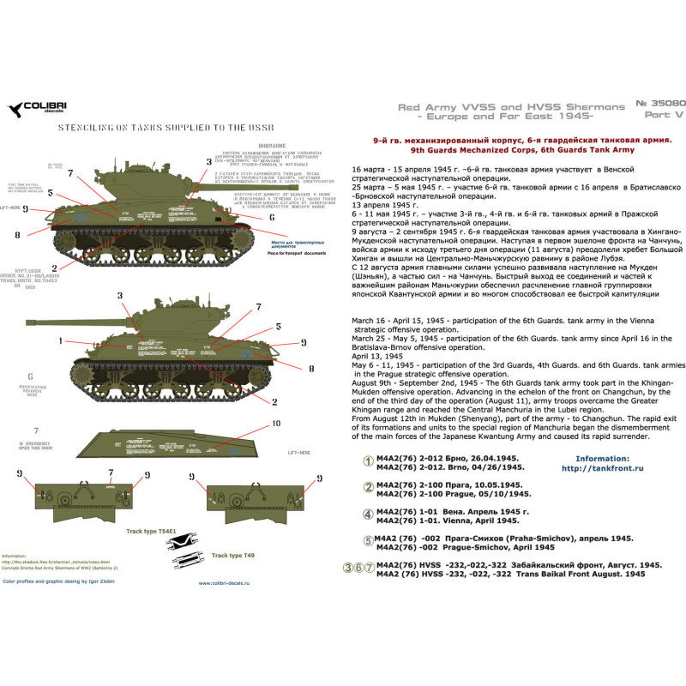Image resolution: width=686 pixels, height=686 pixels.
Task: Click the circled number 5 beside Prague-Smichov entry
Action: (x=370, y=540)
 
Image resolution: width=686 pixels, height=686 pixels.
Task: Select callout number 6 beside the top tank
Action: (x=271, y=218)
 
